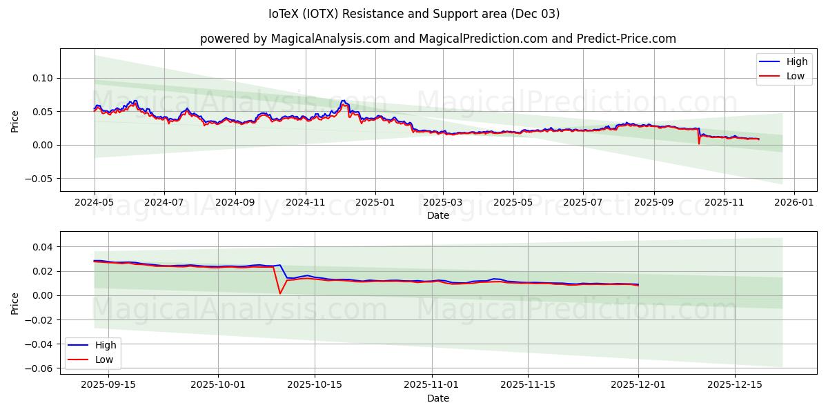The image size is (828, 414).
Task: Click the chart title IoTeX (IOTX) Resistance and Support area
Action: coord(414,14)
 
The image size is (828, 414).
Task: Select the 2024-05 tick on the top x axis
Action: coord(95,203)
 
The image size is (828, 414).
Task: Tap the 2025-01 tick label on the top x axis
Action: coord(375,203)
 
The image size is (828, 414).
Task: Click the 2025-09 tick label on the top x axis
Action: coord(653,203)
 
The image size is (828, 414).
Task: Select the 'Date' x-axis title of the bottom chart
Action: coord(438,398)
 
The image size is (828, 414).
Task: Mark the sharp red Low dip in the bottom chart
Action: coord(280,293)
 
